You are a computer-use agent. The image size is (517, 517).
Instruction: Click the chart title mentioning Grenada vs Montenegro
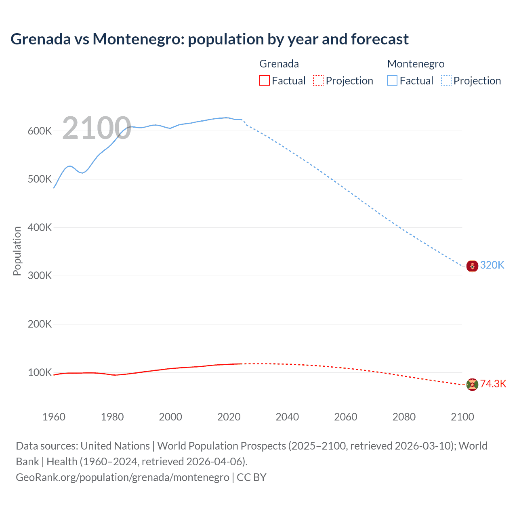click(209, 39)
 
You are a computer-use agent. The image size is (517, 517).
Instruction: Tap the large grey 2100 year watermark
click(97, 128)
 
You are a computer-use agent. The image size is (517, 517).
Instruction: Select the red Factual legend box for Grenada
click(264, 80)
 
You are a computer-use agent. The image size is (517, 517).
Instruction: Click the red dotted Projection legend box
click(318, 80)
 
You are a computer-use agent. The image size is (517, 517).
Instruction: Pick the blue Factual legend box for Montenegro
click(392, 80)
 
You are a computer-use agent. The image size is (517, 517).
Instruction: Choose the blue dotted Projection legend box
click(446, 80)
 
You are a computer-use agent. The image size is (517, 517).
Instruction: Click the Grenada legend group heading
click(279, 64)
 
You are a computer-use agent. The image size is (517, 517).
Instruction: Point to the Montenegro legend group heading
click(416, 64)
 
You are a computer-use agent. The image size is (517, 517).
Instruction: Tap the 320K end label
click(492, 265)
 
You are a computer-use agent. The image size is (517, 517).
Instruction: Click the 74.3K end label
click(493, 384)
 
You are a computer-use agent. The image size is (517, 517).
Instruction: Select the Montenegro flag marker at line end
click(472, 266)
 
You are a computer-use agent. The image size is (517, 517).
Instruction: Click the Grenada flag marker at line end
click(472, 385)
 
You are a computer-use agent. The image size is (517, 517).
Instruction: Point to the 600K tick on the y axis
click(40, 131)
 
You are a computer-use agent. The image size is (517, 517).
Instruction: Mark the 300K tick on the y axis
click(40, 275)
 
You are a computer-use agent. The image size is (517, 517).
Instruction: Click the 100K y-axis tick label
click(40, 372)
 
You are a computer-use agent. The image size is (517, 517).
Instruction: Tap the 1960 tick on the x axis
click(54, 417)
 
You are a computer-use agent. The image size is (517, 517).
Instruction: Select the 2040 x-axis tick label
click(287, 417)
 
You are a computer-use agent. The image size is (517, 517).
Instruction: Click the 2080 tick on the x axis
click(404, 417)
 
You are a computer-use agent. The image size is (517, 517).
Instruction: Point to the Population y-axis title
click(17, 251)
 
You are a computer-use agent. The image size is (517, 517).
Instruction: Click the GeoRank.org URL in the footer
click(122, 477)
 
